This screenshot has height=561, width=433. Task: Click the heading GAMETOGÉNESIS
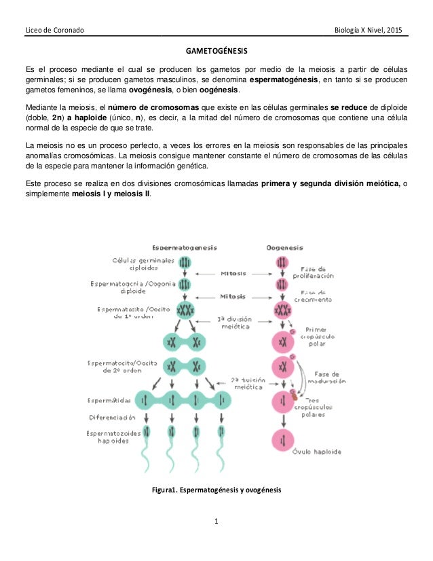[216, 52]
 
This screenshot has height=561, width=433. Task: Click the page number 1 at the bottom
[216, 522]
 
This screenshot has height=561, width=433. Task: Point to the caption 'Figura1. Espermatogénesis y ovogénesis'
[216, 490]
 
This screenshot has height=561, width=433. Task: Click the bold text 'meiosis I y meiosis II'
[111, 193]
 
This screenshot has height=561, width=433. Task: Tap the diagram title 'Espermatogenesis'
[184, 247]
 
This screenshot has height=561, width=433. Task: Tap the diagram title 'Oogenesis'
[284, 247]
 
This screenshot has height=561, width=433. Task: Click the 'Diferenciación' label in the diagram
[111, 417]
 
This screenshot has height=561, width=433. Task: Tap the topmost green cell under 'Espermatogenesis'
[185, 262]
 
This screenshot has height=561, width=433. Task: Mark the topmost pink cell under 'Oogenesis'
[280, 262]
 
